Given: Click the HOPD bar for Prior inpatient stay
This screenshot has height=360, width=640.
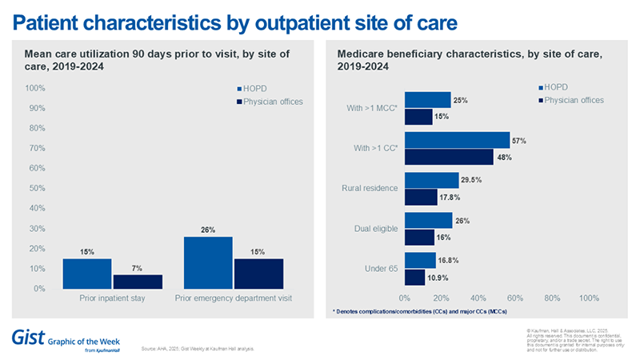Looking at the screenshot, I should [87, 274].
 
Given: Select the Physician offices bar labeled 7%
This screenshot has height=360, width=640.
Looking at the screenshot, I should [138, 282].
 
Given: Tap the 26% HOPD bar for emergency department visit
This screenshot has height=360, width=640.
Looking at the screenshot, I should [208, 262].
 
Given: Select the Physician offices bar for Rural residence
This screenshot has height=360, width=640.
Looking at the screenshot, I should [421, 197].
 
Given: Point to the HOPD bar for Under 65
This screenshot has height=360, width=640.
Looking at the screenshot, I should [420, 260].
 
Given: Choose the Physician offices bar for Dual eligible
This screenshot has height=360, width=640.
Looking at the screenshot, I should [419, 237].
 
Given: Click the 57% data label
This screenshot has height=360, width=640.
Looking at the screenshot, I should [518, 141].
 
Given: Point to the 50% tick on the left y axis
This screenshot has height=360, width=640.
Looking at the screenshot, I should [35, 188].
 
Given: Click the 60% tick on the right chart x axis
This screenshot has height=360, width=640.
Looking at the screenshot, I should [515, 298].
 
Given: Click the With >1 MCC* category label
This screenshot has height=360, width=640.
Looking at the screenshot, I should [371, 108].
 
